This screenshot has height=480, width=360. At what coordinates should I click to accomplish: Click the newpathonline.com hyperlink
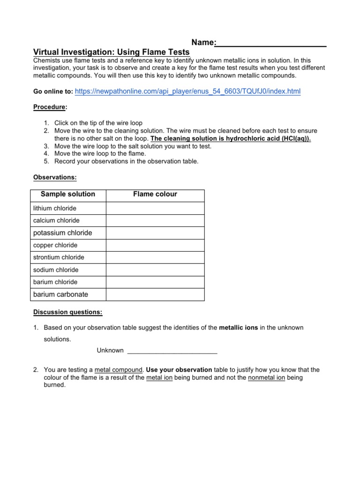tap(187, 91)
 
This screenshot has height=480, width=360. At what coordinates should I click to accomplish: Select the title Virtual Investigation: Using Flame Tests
tap(111, 52)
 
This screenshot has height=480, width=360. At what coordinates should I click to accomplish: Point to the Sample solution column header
tap(68, 194)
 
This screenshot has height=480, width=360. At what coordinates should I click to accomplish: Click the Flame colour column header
tap(155, 194)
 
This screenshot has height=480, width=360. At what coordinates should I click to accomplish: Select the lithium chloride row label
tap(55, 208)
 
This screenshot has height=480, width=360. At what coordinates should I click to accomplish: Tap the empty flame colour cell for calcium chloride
tap(155, 220)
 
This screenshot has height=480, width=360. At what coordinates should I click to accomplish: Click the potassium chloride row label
tap(63, 233)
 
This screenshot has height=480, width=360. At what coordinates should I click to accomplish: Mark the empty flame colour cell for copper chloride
tap(155, 245)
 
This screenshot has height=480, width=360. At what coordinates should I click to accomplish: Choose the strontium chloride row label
tap(59, 257)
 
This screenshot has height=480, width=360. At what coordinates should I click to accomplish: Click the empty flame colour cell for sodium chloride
tap(155, 270)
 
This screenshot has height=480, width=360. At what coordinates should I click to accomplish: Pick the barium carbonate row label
tap(60, 294)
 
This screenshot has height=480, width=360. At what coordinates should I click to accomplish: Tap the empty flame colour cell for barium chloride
tap(155, 282)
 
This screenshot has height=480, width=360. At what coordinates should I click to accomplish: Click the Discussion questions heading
tap(67, 312)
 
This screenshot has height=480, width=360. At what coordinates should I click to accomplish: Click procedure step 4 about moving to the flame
tap(100, 153)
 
